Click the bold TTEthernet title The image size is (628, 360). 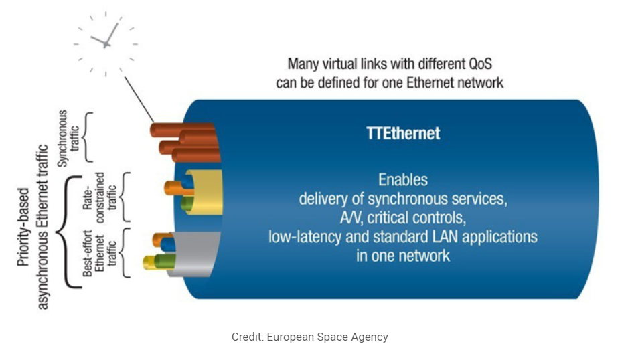coord(403,133)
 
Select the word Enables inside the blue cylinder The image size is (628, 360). coord(403,180)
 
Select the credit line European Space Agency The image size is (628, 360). coord(309,337)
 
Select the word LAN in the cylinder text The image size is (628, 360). coord(448,237)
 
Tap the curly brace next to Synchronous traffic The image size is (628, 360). coord(88,137)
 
